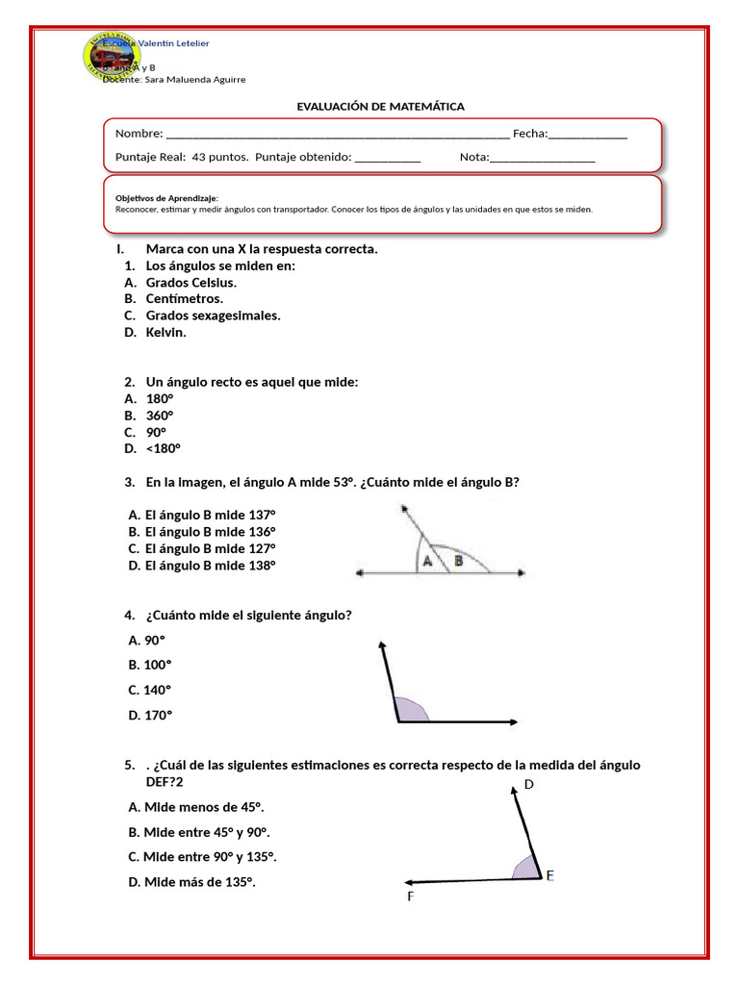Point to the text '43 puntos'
pos(220,157)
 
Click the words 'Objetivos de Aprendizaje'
pos(166,197)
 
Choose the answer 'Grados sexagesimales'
pos(213,316)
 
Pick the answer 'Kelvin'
pos(166,332)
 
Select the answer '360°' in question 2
pos(160,416)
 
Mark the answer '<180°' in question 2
pos(163,448)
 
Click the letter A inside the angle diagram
pos(426,564)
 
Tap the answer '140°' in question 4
pos(157,690)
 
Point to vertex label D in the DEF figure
pos(528,785)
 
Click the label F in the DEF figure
pos(411,897)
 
